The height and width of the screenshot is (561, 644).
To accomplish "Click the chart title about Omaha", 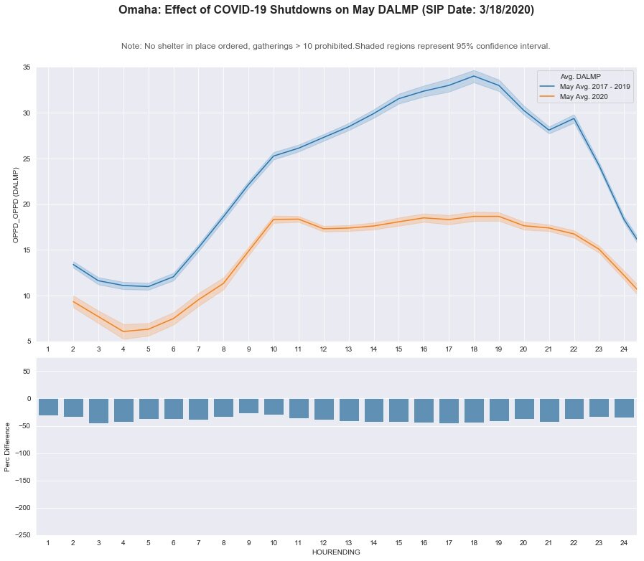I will pyautogui.click(x=326, y=11).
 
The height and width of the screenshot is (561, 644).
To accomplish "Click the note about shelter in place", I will pyautogui.click(x=335, y=46).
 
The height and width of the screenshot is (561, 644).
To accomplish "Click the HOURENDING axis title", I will pyautogui.click(x=335, y=553).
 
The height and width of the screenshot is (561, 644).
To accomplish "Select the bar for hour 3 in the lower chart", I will pyautogui.click(x=98, y=411).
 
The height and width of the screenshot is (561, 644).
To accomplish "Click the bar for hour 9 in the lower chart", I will pyautogui.click(x=248, y=406).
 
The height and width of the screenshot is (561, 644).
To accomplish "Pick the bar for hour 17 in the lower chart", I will pyautogui.click(x=449, y=411).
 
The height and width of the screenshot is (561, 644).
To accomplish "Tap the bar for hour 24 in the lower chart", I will pyautogui.click(x=624, y=408).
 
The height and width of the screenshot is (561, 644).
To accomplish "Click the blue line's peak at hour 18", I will pyautogui.click(x=474, y=76).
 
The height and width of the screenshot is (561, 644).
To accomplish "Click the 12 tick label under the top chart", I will pyautogui.click(x=324, y=349).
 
